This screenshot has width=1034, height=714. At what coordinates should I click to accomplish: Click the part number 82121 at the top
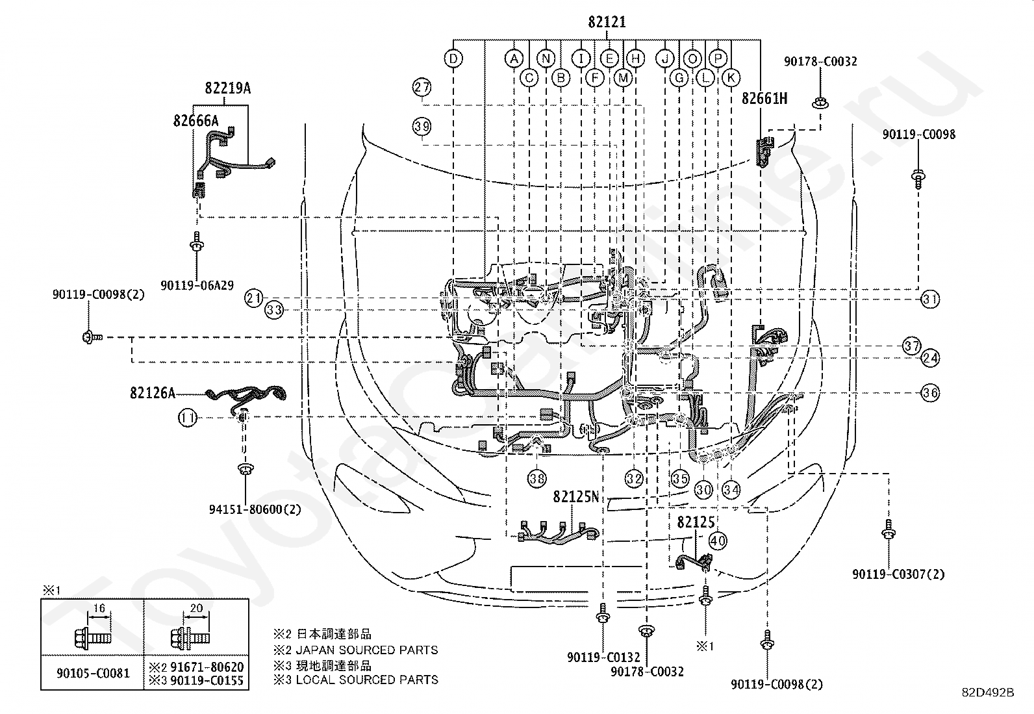tap(607, 21)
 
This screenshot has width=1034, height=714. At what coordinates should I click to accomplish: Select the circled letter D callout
tap(453, 58)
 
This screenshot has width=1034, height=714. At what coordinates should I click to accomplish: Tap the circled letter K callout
tap(731, 77)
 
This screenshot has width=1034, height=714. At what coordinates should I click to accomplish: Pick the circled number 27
tap(422, 87)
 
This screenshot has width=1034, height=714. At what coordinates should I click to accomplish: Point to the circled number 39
tap(422, 127)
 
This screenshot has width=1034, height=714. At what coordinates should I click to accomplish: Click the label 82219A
tap(228, 88)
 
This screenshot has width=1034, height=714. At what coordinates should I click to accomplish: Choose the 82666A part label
tap(195, 121)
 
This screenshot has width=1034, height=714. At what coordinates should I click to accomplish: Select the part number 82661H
tap(764, 98)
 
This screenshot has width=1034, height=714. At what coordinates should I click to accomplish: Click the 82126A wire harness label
tap(153, 393)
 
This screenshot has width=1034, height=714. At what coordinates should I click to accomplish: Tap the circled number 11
tap(188, 418)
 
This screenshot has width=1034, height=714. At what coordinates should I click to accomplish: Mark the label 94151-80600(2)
tap(255, 509)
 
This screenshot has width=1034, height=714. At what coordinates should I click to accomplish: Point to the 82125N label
tap(576, 496)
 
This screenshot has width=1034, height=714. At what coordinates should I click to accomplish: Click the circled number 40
tap(718, 541)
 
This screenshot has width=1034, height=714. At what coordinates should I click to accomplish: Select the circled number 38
tap(537, 478)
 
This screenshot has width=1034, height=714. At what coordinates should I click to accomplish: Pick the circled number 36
tap(930, 393)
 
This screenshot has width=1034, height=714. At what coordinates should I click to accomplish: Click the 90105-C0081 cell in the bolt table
tap(93, 673)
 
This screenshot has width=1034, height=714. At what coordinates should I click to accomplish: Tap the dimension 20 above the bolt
tap(197, 608)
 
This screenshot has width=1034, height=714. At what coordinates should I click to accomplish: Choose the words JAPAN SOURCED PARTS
tap(366, 650)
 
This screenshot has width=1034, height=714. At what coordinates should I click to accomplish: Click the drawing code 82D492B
tap(988, 693)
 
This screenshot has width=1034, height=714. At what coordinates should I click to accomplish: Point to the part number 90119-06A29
tap(197, 285)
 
